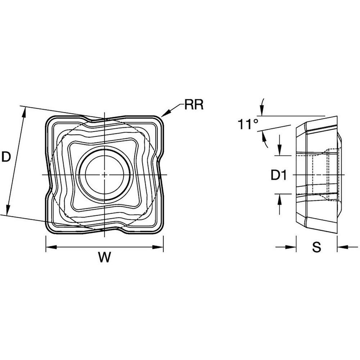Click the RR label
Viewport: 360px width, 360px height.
tap(194, 105)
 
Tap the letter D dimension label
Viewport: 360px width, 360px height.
tap(6, 157)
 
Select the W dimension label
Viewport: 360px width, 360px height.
tap(105, 257)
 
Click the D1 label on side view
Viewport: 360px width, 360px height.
tap(279, 175)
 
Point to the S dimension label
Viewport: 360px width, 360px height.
tap(316, 247)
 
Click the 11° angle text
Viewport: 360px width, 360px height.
tap(248, 125)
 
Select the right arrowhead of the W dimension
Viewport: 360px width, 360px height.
tap(158, 247)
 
